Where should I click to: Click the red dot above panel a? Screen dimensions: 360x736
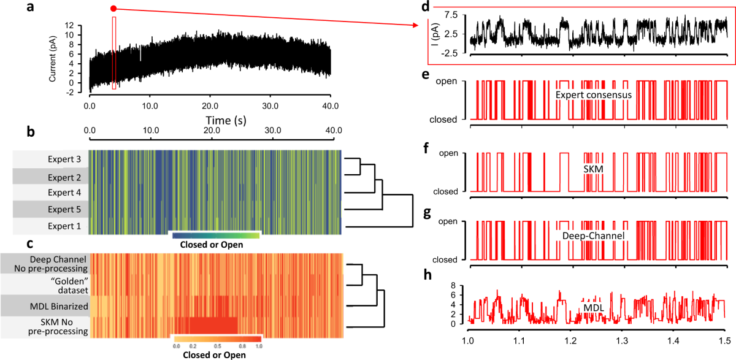click(113, 9)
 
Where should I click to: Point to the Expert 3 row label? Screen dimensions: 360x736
click(64, 159)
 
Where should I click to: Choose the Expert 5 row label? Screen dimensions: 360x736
click(64, 209)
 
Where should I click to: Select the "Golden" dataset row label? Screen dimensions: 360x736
click(66, 283)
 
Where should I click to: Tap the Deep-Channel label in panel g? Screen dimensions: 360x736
click(592, 235)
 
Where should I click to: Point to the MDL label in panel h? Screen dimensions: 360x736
click(591, 306)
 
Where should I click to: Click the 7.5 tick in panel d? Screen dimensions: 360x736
click(453, 14)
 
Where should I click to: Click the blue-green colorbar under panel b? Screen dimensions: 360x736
click(217, 236)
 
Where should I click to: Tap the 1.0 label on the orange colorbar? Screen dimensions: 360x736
click(258, 347)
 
